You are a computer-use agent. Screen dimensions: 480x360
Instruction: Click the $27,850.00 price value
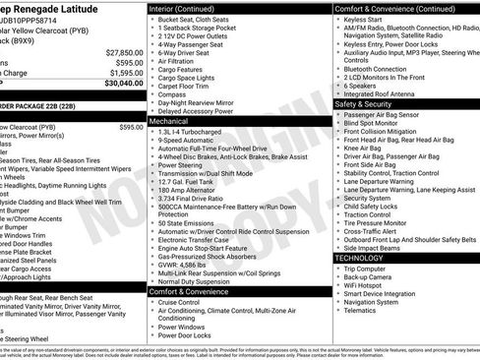123,52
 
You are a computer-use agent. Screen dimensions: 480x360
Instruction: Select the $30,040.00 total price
123,83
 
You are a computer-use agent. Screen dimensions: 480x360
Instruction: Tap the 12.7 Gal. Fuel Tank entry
188,181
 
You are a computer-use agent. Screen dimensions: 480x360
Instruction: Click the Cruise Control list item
186,302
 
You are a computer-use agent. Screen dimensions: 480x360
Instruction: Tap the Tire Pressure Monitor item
379,222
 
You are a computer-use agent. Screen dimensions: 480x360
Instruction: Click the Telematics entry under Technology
363,310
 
